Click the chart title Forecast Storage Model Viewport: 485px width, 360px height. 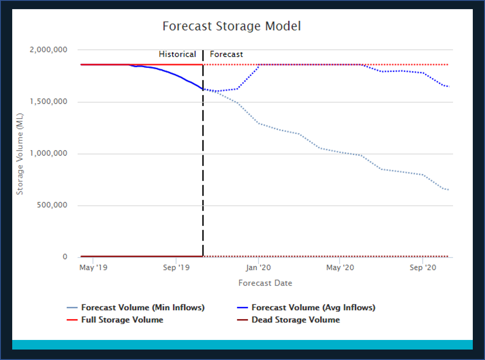click(x=232, y=26)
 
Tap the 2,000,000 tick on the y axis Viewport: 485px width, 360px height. click(x=48, y=50)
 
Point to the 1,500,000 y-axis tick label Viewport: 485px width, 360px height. click(x=48, y=102)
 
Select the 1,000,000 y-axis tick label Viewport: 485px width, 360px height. click(x=48, y=153)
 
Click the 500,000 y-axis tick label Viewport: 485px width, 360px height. click(x=52, y=205)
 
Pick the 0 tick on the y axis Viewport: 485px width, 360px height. click(x=65, y=257)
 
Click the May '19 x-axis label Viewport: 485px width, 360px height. click(x=93, y=268)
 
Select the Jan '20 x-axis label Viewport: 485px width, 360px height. click(x=259, y=268)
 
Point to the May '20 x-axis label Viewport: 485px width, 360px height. click(x=340, y=268)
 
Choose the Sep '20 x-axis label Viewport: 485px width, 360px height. click(x=423, y=268)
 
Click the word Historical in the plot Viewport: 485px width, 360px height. click(x=177, y=54)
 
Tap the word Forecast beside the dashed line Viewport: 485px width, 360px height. click(x=226, y=54)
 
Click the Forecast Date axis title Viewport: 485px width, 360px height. click(x=265, y=283)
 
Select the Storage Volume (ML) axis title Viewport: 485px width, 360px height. click(x=20, y=154)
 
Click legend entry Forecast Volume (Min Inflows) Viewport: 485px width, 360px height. click(x=143, y=307)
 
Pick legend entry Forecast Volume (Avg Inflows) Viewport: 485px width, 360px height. click(x=313, y=307)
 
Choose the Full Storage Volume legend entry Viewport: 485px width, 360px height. click(x=122, y=320)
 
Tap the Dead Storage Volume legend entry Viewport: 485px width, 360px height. click(x=295, y=320)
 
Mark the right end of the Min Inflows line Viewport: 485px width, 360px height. click(x=449, y=190)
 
